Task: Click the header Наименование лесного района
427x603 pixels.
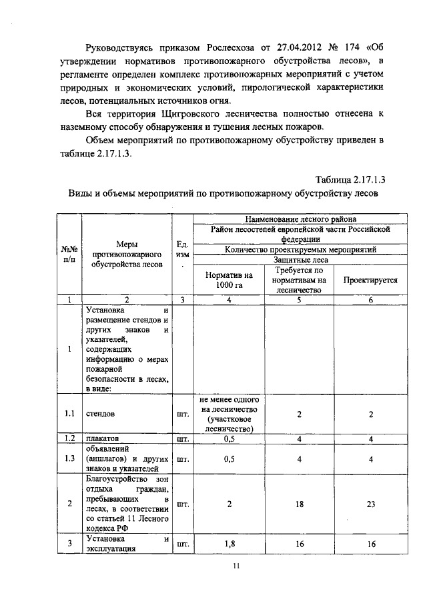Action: [300, 219]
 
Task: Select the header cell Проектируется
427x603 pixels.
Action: [370, 281]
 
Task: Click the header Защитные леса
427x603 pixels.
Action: [300, 260]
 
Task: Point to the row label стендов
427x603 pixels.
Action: [99, 414]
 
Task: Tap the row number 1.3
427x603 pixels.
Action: [69, 459]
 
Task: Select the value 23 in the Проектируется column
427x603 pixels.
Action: [370, 504]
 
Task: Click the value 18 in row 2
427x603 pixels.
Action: [300, 504]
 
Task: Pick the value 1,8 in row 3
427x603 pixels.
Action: [229, 544]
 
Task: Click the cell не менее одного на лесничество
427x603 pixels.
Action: [229, 414]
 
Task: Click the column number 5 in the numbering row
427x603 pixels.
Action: [300, 301]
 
